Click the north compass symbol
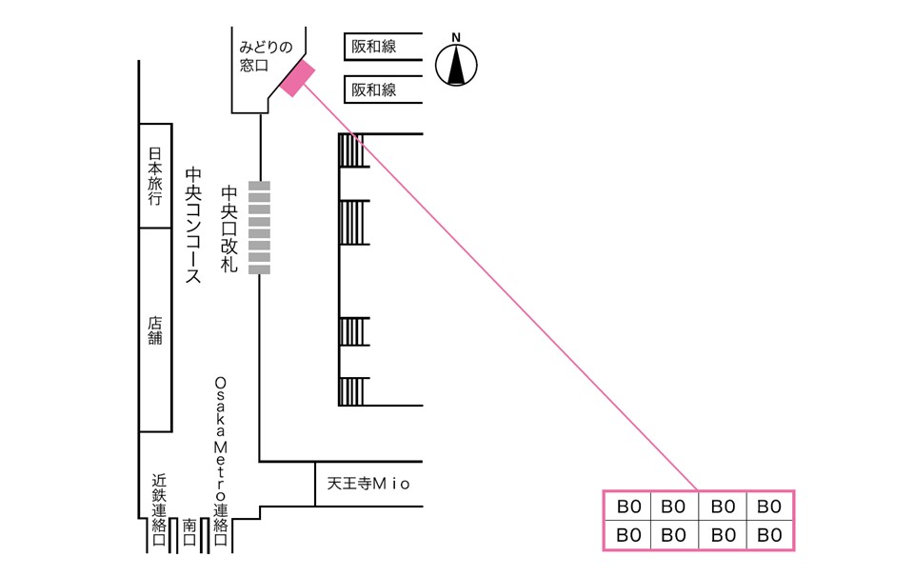[x=456, y=65]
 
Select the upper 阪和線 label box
[x=383, y=47]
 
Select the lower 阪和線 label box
[x=383, y=90]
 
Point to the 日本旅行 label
[x=155, y=175]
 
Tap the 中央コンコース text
[x=193, y=227]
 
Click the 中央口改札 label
[x=228, y=229]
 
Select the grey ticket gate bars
[x=259, y=228]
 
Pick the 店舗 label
[x=155, y=330]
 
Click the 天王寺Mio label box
[x=368, y=484]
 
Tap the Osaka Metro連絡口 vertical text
[x=220, y=457]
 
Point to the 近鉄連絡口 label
[x=158, y=509]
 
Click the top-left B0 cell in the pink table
[x=627, y=506]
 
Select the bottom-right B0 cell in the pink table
[x=768, y=535]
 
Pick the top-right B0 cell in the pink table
[x=768, y=506]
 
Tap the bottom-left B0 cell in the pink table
[x=627, y=535]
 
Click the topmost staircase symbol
[x=352, y=150]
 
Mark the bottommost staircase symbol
[x=352, y=391]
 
